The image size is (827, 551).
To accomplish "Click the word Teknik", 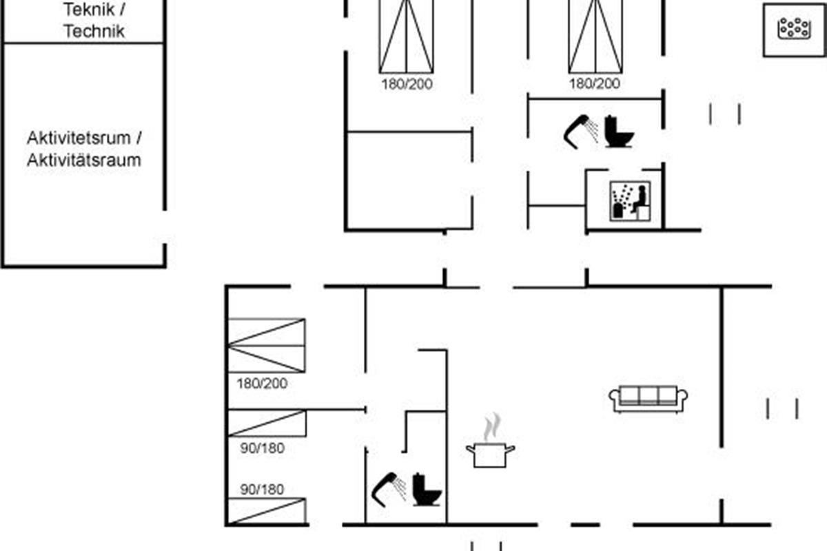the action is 90,9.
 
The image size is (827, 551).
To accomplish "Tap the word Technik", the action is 94,31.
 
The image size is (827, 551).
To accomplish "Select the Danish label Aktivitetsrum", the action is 79,138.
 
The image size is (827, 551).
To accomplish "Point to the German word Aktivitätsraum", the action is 84,160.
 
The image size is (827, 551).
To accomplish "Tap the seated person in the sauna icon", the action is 640,199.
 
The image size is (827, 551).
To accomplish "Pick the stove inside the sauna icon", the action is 617,210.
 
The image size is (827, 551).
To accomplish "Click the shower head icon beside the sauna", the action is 581,132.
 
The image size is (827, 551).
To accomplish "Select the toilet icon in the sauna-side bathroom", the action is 618,132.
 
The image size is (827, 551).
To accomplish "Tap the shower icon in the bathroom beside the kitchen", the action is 389,490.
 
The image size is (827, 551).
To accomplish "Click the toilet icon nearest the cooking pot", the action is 427,490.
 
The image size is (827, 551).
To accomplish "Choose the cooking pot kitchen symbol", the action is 490,455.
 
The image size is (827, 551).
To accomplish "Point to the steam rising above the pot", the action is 492,427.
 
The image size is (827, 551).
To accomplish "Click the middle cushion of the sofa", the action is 649,395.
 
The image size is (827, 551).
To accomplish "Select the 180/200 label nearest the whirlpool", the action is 594,83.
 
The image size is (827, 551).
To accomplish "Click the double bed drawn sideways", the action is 267,346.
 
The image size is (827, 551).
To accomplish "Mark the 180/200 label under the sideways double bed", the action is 262,384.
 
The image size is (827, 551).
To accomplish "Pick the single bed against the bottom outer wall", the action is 267,511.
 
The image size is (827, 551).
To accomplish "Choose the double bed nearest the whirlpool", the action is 595,37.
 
